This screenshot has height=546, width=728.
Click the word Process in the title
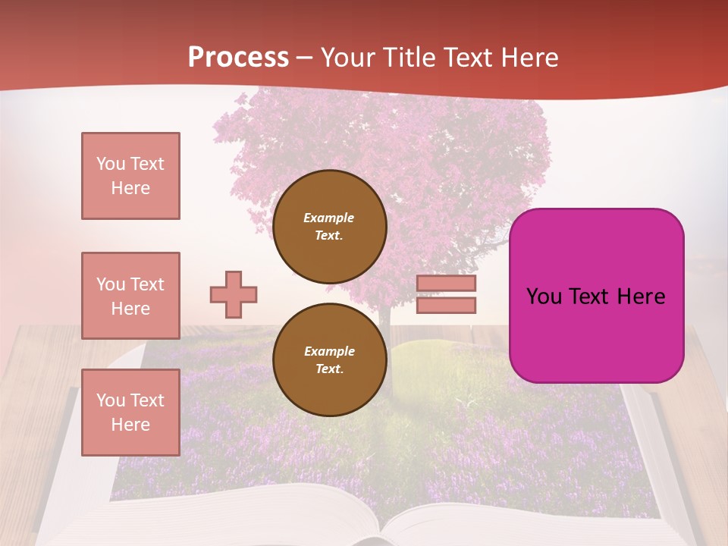click(238, 57)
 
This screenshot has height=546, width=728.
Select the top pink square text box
click(130, 176)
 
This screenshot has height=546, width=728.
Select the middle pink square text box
click(130, 296)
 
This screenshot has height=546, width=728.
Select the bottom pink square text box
click(130, 413)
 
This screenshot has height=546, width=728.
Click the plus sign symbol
click(234, 294)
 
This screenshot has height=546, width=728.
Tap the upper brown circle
click(330, 227)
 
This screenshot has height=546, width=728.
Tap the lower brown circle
click(330, 360)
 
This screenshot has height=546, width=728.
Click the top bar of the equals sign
click(446, 284)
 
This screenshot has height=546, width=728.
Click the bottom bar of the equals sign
click(446, 305)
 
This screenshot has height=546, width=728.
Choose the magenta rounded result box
click(596, 334)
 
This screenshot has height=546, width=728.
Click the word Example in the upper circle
click(328, 218)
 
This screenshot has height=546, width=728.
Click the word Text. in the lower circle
click(329, 369)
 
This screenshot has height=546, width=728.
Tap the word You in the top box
click(110, 164)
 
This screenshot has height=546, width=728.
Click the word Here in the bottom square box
click(130, 425)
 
